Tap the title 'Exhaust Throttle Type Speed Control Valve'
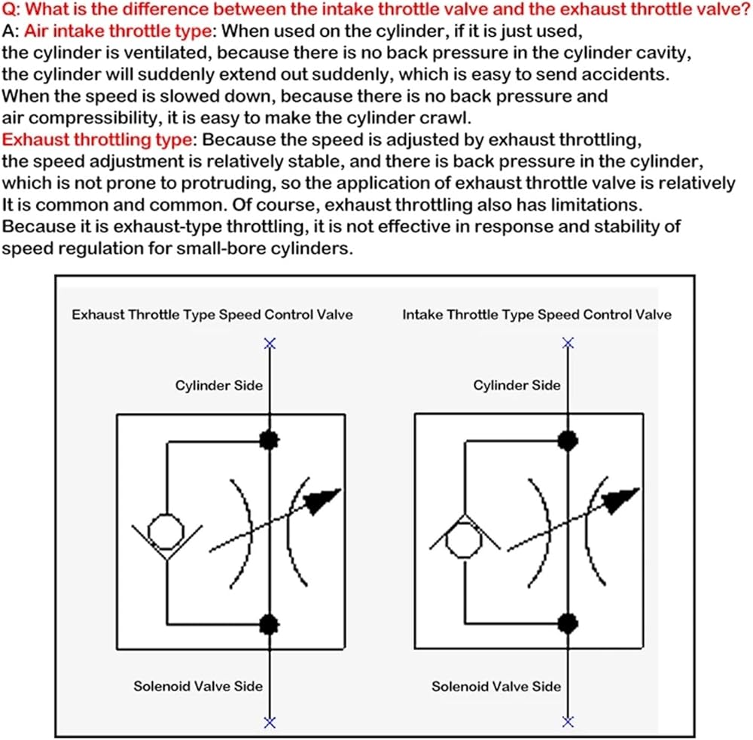tap(212, 315)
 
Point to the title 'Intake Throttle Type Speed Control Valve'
tap(536, 315)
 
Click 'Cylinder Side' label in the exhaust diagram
tap(218, 386)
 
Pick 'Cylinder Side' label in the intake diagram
tap(517, 386)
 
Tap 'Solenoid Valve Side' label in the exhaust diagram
tap(198, 686)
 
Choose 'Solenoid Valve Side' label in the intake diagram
tap(495, 686)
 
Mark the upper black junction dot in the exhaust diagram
tap(269, 441)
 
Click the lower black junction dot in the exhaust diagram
tap(269, 623)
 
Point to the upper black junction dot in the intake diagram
tap(568, 439)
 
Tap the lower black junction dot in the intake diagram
tap(568, 623)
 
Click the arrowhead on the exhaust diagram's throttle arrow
tap(325, 499)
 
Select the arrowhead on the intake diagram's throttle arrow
tap(625, 498)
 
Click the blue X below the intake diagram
tap(569, 722)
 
